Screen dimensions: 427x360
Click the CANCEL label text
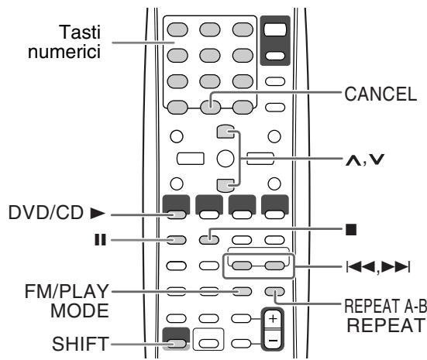[381, 94]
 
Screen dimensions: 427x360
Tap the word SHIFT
[81, 344]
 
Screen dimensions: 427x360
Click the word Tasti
[80, 32]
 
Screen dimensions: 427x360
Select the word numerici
[64, 51]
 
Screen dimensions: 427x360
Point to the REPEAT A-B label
[386, 306]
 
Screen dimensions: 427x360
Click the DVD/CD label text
[46, 213]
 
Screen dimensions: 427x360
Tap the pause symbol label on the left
[100, 240]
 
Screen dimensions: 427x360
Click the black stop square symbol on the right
[351, 229]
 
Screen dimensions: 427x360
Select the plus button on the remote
[273, 319]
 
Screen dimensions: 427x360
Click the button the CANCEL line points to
[210, 107]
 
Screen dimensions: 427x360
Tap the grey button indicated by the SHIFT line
[176, 344]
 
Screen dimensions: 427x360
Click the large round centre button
[226, 159]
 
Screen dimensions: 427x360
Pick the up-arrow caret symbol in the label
[353, 160]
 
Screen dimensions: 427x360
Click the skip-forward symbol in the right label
[395, 266]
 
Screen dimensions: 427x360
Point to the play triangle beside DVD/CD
[98, 214]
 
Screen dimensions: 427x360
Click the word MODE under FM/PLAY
[80, 310]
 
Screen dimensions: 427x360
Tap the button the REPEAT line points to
[274, 292]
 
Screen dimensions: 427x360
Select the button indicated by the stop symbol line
[209, 240]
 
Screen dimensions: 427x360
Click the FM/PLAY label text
[67, 291]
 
